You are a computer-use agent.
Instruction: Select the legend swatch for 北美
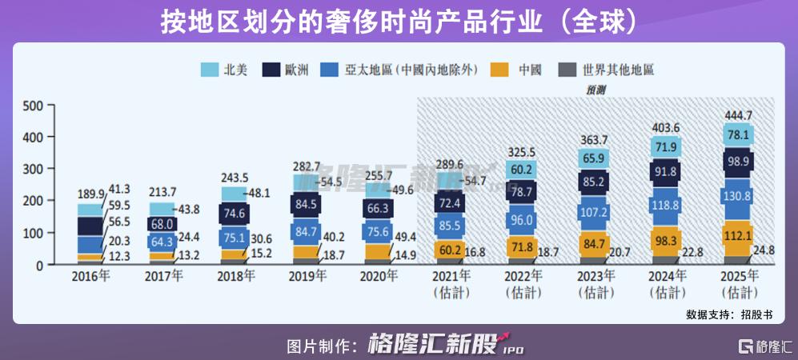tap(210, 70)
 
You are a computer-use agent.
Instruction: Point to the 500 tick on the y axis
tap(34, 106)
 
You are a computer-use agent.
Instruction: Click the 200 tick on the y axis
tap(34, 201)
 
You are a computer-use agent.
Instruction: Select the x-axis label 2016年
tap(90, 277)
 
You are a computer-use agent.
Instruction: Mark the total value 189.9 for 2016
tap(91, 194)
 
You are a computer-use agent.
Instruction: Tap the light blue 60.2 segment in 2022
tap(522, 169)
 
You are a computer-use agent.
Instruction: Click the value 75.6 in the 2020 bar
tap(379, 233)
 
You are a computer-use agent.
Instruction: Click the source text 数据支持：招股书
tap(731, 314)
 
